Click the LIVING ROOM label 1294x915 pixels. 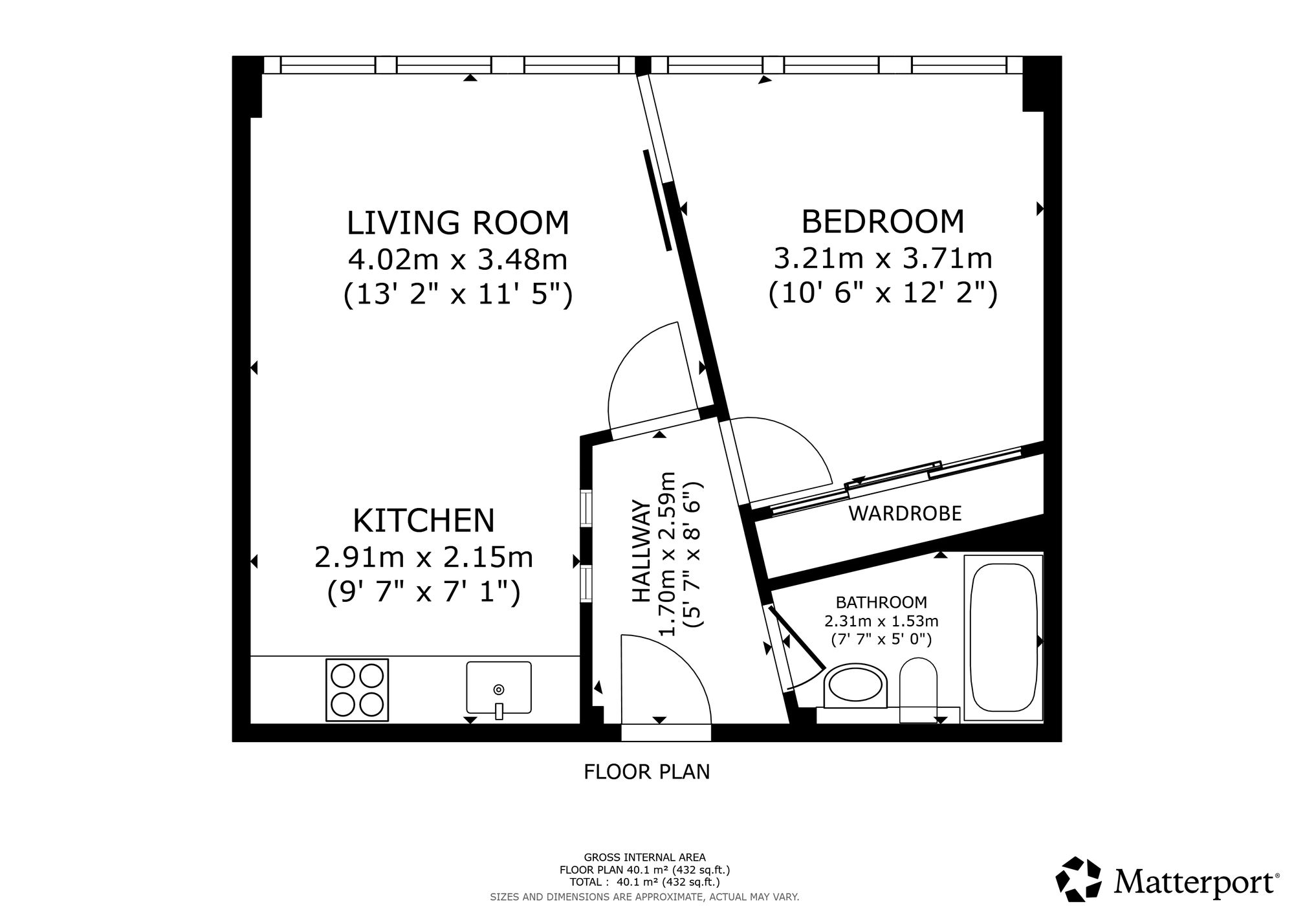pos(458,223)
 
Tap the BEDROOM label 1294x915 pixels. pos(883,221)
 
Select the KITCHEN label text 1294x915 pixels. pos(424,520)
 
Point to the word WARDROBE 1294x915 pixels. pos(905,513)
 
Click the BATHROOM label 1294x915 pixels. pos(881,602)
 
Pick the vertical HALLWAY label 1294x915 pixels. pos(641,551)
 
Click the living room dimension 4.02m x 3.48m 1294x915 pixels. pos(458,259)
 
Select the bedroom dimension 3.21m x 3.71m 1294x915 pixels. pos(883,258)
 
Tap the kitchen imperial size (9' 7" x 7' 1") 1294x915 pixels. pos(424,593)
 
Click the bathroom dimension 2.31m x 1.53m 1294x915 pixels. pos(881,621)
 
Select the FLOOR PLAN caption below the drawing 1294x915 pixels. pos(647,772)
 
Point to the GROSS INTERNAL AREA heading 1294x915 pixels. pos(645,857)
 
